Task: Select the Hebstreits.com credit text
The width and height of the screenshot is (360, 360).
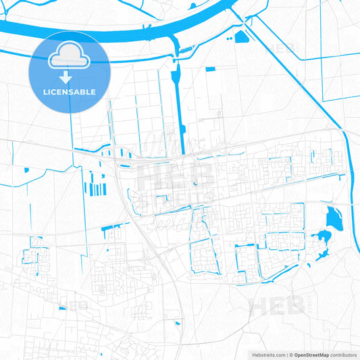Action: [x=265, y=354]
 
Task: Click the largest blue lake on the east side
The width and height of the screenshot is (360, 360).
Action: [x=333, y=218]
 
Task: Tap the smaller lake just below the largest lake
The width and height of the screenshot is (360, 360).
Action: [x=322, y=237]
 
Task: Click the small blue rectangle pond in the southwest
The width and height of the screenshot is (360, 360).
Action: [x=63, y=308]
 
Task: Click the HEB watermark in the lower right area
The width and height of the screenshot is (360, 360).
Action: [x=277, y=305]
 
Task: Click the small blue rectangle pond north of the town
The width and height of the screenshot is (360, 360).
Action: [x=209, y=69]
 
